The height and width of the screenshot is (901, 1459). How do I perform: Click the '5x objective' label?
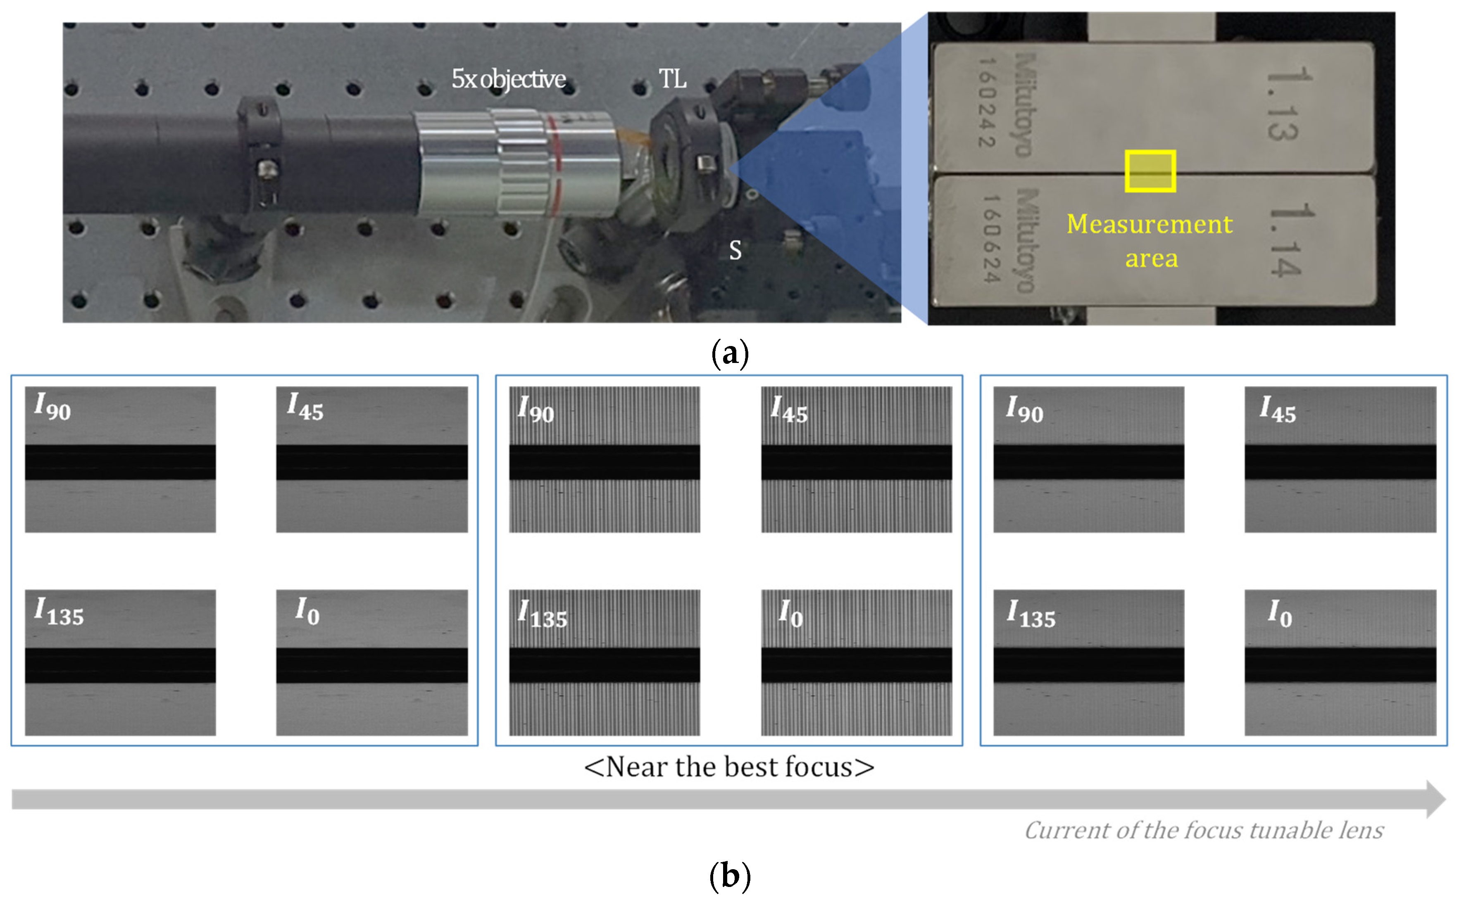coord(508,78)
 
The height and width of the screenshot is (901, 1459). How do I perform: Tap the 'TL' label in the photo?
coord(672,78)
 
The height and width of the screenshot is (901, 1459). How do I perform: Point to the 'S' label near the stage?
coord(735,250)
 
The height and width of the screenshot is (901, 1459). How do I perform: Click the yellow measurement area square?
coord(1150,171)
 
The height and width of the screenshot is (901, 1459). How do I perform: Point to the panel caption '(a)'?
coord(730,353)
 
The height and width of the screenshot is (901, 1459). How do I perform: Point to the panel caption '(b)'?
coord(730,876)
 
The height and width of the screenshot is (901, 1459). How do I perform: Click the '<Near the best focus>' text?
coord(728,767)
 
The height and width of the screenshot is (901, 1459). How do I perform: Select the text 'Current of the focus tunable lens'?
coord(1203,830)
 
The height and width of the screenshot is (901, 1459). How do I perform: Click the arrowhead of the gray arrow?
coord(1436,799)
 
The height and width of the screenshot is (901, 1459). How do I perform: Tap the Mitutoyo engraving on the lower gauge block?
coord(1027,241)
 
